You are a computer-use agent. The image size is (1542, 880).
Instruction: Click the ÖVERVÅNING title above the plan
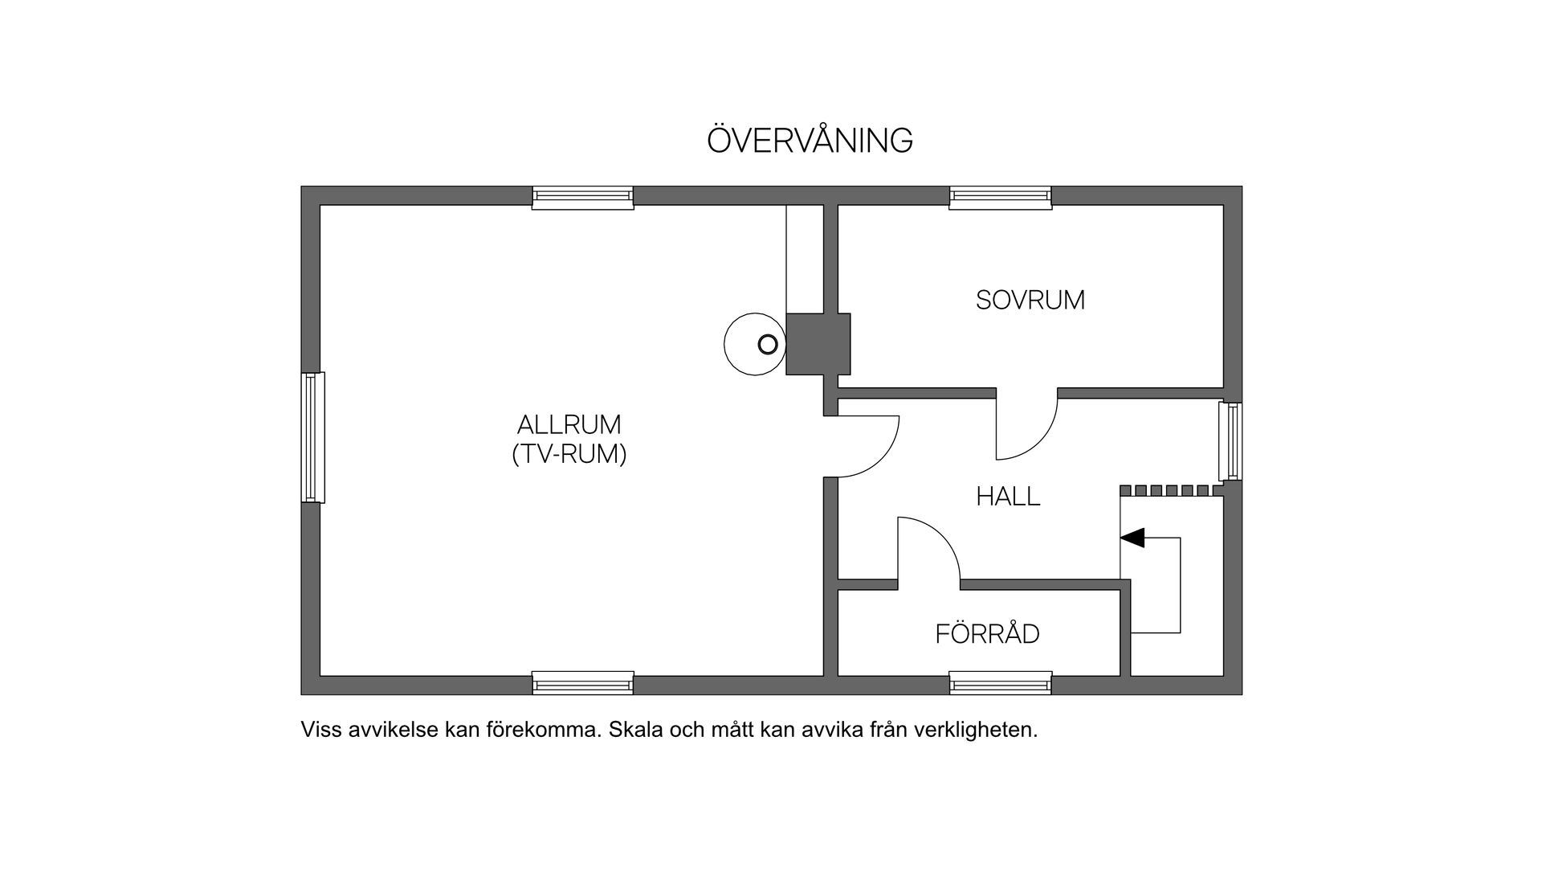[810, 141]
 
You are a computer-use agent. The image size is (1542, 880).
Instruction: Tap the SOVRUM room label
[1030, 301]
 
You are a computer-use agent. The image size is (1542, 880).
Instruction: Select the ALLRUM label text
[569, 424]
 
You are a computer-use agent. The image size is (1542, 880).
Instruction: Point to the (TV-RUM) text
[569, 455]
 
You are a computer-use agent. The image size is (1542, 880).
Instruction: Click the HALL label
[1008, 497]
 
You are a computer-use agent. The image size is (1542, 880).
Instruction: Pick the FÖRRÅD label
[987, 634]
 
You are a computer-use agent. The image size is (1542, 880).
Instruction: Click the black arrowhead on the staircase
[1132, 538]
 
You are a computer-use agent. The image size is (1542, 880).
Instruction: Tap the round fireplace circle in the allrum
[754, 344]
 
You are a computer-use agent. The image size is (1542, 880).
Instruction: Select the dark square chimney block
[818, 344]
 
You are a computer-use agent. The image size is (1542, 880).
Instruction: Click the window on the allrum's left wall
[313, 437]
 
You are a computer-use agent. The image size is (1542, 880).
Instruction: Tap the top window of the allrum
[583, 198]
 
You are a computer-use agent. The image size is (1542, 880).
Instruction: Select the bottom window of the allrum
[583, 683]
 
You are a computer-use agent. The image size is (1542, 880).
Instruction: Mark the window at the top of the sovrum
[1001, 198]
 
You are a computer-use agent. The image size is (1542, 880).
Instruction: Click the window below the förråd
[1001, 683]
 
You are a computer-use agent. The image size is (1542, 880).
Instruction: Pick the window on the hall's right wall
[1230, 441]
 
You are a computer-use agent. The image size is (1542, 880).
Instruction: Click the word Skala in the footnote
[634, 730]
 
